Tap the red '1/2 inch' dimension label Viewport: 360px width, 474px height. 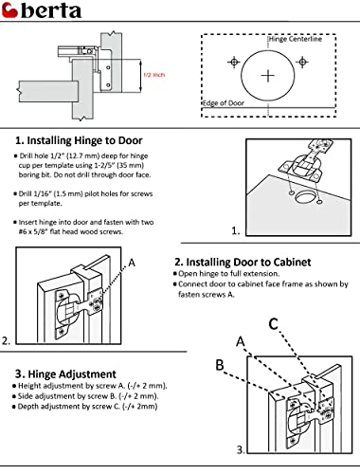pos(153,73)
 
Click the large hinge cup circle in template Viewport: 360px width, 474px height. pos(268,75)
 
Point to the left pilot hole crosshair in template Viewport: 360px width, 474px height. pos(232,63)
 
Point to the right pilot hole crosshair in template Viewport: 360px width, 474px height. pos(303,63)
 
